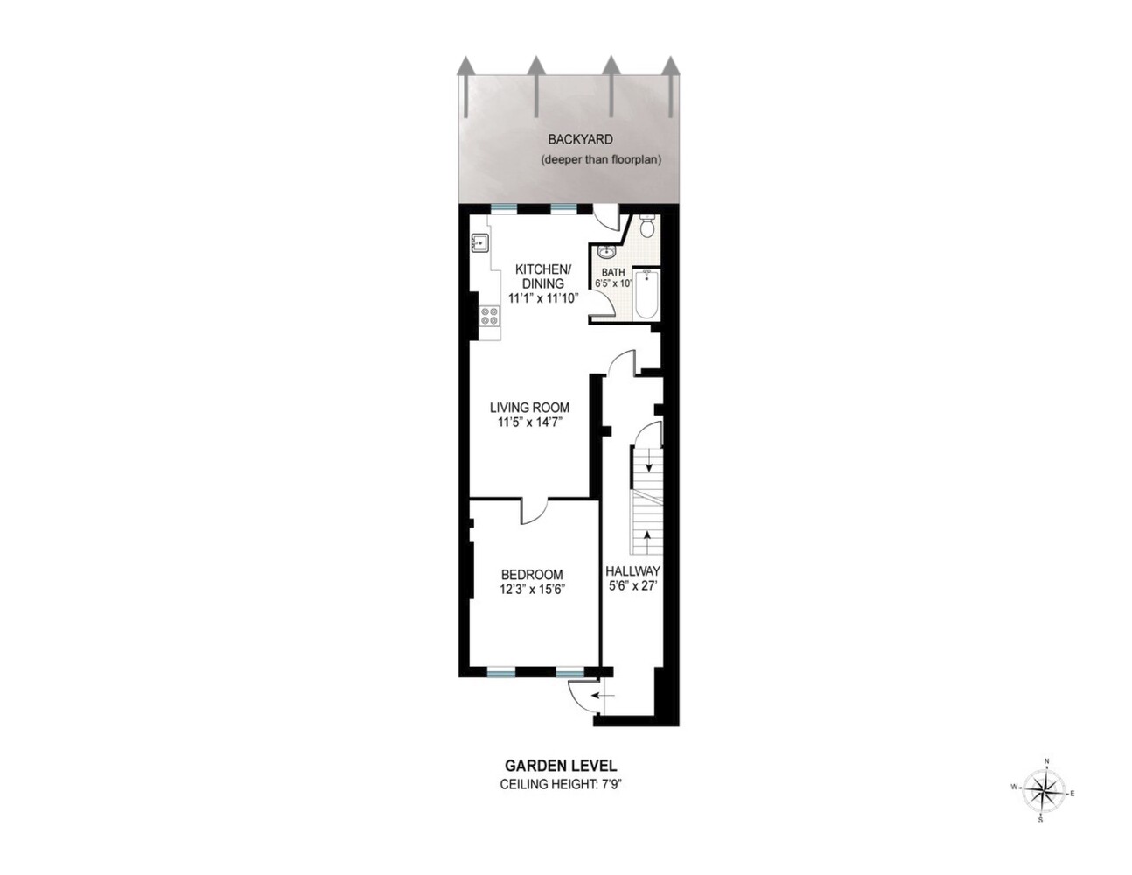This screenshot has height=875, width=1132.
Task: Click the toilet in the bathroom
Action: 647,226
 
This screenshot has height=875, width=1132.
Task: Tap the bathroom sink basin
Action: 606,252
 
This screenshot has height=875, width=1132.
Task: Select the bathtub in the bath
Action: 647,294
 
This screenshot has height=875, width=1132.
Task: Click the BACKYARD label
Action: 580,140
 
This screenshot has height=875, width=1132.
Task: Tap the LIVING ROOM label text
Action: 529,407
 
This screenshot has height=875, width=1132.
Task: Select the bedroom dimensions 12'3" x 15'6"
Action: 532,589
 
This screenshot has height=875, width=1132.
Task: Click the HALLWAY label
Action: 633,570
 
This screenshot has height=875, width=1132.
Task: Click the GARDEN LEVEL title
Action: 561,766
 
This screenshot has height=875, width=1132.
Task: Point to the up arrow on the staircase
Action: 647,542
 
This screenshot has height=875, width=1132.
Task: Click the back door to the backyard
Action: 604,215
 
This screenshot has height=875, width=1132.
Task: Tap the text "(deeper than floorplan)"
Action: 601,159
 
